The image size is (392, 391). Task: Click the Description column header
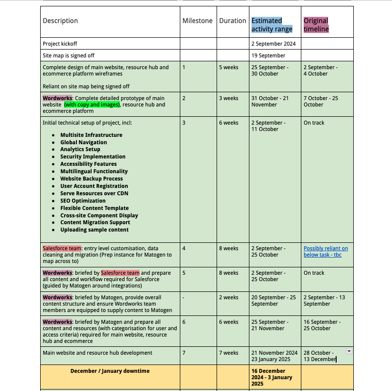click(60, 21)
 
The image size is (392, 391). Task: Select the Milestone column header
click(197, 21)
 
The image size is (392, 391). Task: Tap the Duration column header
click(232, 21)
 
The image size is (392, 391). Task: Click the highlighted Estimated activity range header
click(272, 25)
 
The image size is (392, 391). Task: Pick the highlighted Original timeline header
click(316, 25)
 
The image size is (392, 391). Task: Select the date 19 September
click(269, 56)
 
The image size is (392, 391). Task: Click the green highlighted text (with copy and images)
click(92, 104)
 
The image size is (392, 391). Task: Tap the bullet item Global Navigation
click(83, 142)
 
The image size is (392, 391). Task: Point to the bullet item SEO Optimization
click(83, 201)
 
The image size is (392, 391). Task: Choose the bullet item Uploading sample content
click(95, 230)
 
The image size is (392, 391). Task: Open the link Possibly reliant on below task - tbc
click(326, 252)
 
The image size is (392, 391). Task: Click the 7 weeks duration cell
click(228, 353)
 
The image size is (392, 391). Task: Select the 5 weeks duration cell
click(228, 67)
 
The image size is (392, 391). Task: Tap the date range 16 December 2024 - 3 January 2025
click(272, 377)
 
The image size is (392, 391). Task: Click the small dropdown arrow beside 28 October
click(349, 351)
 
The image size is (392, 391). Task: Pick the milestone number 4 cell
click(184, 248)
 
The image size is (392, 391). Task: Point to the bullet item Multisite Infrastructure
click(91, 135)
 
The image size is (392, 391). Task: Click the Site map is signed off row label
click(69, 56)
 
